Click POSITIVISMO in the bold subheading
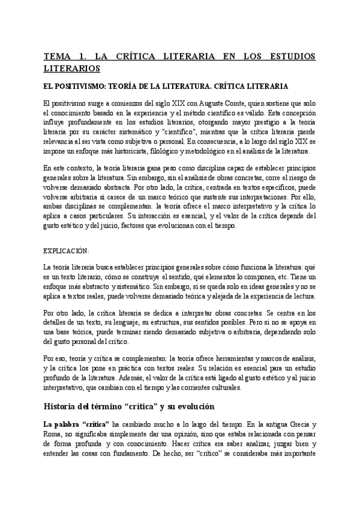point(82,86)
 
